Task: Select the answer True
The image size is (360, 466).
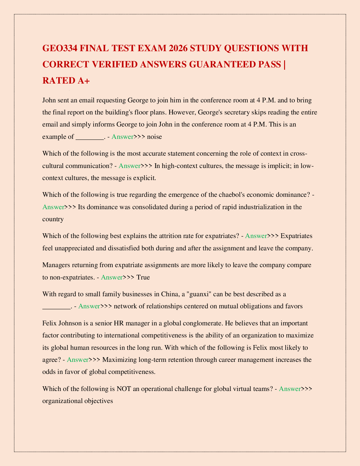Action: pyautogui.click(x=143, y=277)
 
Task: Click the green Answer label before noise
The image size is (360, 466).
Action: pyautogui.click(x=123, y=137)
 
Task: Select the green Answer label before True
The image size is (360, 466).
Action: pyautogui.click(x=112, y=277)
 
